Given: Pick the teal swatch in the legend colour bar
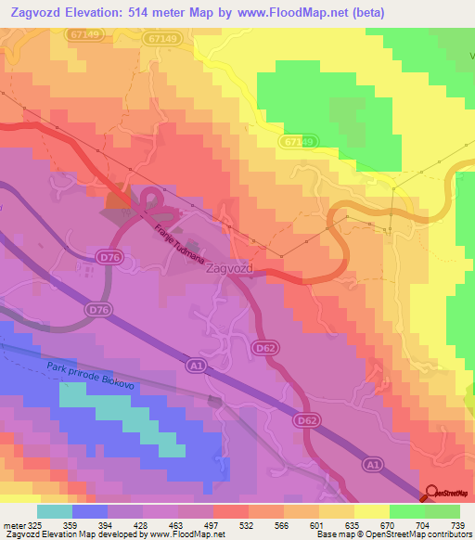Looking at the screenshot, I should [x=56, y=510].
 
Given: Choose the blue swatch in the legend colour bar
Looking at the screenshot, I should [x=90, y=510].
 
